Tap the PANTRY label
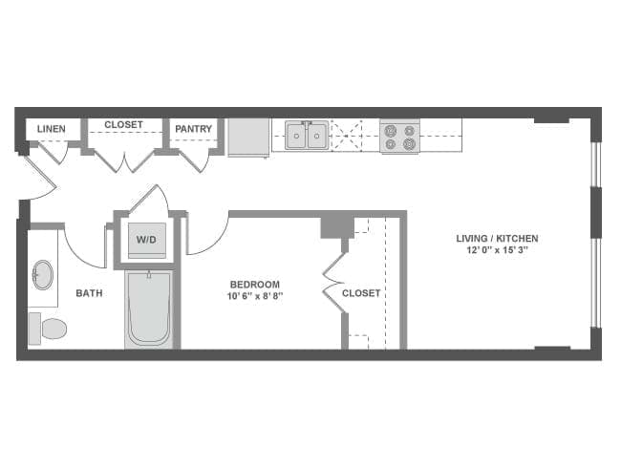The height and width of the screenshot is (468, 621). pos(194,129)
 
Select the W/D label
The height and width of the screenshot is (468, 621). pos(146,239)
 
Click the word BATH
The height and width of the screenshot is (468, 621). pos(90,293)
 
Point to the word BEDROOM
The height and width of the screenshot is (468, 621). pos(255,284)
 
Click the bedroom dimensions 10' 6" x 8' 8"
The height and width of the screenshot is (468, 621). pos(255,296)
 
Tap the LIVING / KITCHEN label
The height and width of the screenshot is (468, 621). pos(497,239)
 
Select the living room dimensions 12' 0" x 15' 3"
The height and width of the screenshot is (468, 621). pos(497,251)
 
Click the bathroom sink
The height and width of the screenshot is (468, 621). pos(43,275)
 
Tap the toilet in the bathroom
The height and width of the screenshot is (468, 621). pos(49,329)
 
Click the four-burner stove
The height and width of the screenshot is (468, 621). pos(399,136)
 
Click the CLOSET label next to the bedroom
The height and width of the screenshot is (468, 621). pos(361,293)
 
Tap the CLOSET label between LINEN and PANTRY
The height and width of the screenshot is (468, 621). pos(123,125)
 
